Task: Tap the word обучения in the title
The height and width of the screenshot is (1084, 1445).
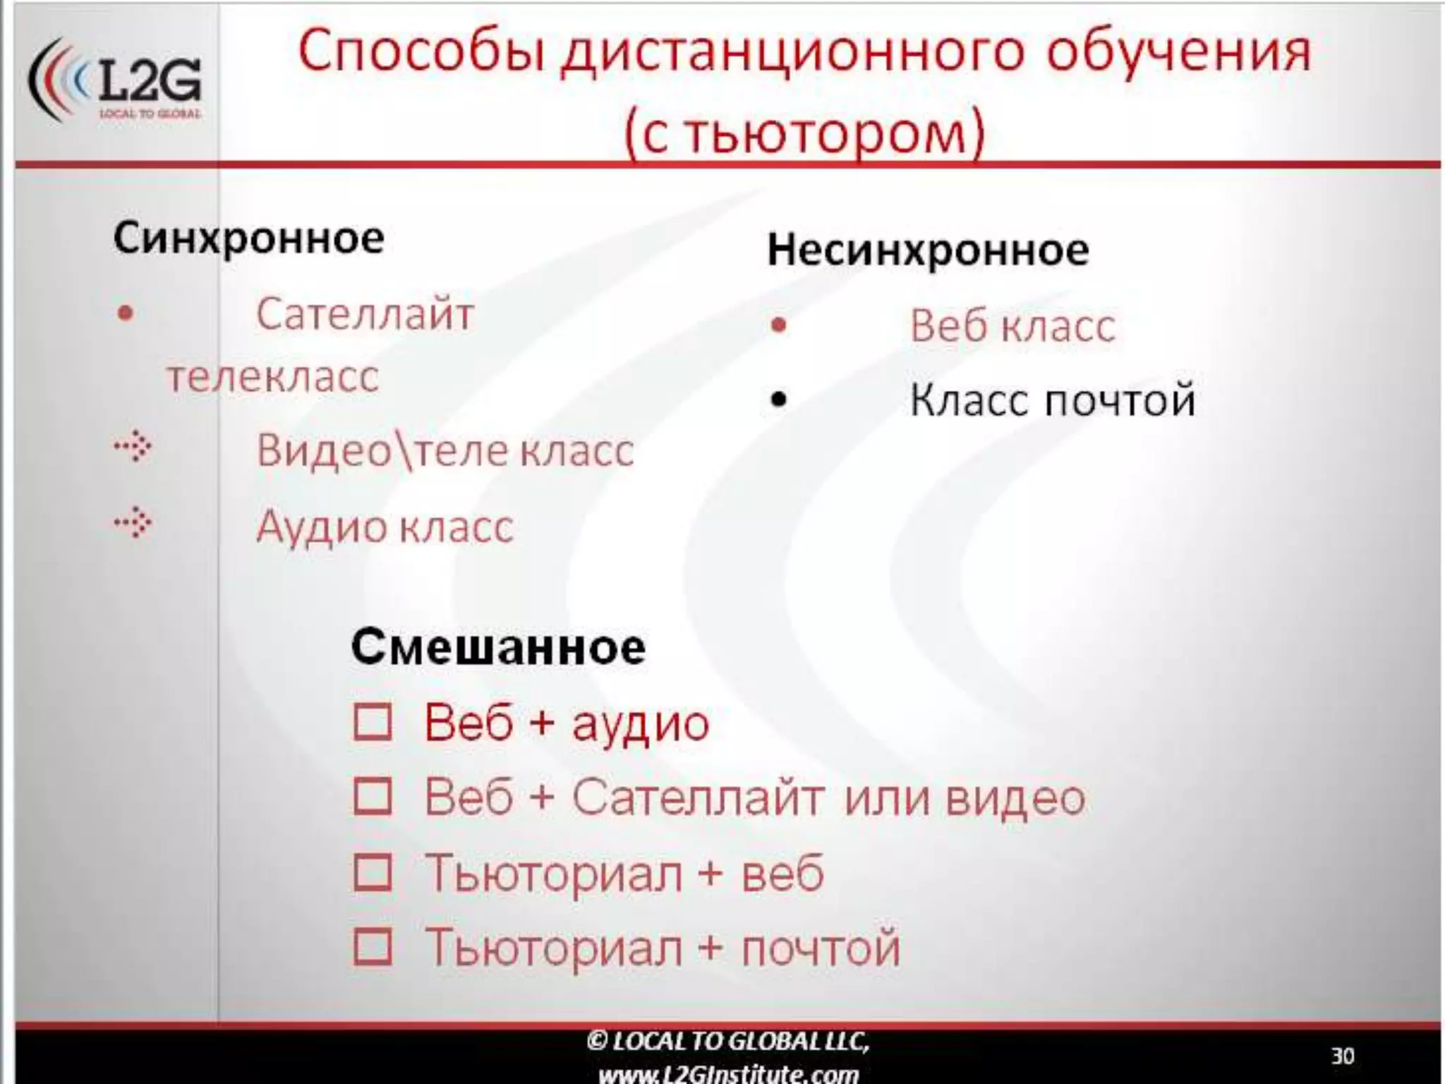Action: click(x=1178, y=52)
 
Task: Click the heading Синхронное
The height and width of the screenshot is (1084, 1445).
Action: click(x=248, y=238)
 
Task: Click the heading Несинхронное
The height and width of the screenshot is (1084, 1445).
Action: click(x=928, y=250)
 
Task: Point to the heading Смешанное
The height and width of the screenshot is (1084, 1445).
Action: click(x=498, y=646)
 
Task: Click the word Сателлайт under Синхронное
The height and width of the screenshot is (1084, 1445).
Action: click(x=365, y=313)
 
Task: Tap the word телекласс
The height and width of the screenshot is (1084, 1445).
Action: click(x=273, y=376)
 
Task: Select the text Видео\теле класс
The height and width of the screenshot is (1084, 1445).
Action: click(x=445, y=450)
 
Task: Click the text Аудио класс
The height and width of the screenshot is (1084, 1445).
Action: click(x=385, y=526)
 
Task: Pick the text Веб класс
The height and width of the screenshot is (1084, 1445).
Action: click(x=1012, y=326)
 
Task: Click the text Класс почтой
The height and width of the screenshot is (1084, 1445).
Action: click(x=1052, y=400)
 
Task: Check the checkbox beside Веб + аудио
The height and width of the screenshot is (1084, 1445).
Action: click(x=373, y=722)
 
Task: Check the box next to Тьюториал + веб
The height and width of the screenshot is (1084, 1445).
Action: click(x=373, y=872)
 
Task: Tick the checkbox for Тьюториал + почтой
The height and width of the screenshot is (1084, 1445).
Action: click(x=373, y=946)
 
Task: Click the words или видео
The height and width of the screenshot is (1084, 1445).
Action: click(x=965, y=797)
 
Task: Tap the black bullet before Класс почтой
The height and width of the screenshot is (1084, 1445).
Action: click(x=778, y=400)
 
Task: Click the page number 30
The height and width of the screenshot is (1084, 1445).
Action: click(x=1342, y=1056)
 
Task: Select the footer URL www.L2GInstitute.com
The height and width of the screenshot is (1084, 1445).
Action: click(x=728, y=1074)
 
